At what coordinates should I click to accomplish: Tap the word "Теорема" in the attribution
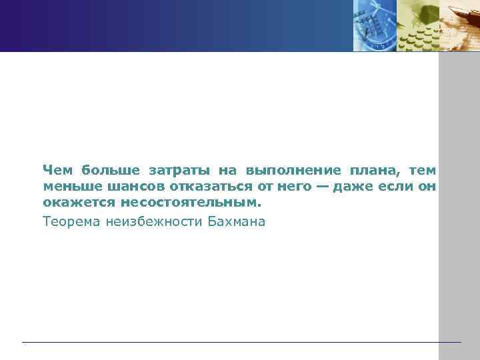pos(71,221)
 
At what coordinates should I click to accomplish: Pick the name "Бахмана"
pos(236,221)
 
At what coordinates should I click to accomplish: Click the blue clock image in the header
pos(374,25)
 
